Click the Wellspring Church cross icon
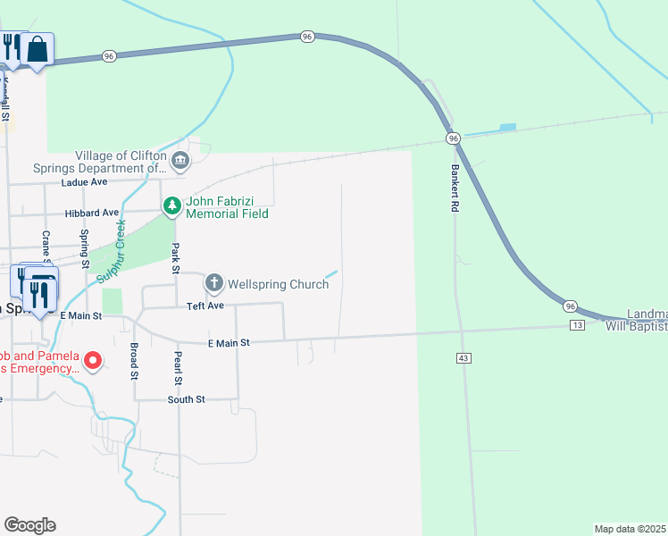pyautogui.click(x=214, y=284)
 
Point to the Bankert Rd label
pyautogui.click(x=455, y=187)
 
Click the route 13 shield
pyautogui.click(x=577, y=325)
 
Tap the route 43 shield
pyautogui.click(x=463, y=357)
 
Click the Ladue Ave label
pyautogui.click(x=84, y=182)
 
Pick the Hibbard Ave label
pyautogui.click(x=92, y=214)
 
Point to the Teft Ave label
pyautogui.click(x=205, y=306)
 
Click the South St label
pyautogui.click(x=187, y=399)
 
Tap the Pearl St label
pyautogui.click(x=178, y=368)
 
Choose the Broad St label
pyautogui.click(x=134, y=361)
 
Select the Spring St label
pyautogui.click(x=85, y=248)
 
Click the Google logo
pyautogui.click(x=29, y=525)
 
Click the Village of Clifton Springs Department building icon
pyautogui.click(x=180, y=161)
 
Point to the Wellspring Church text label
pyautogui.click(x=279, y=284)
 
